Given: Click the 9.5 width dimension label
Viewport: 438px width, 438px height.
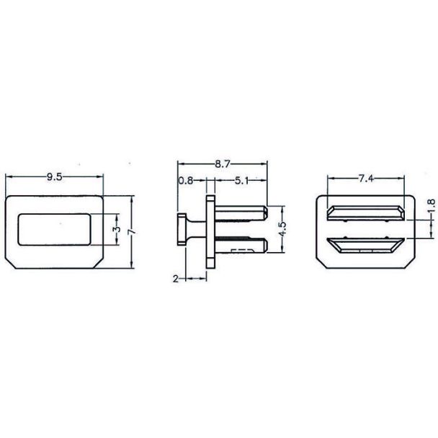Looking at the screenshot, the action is click(x=54, y=176).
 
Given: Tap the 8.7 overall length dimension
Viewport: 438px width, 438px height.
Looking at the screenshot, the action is click(x=223, y=164).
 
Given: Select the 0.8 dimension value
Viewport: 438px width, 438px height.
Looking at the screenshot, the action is click(x=186, y=181).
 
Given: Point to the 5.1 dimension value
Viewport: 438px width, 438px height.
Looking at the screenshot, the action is click(x=241, y=181).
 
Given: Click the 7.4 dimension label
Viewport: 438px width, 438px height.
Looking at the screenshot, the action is click(x=366, y=178).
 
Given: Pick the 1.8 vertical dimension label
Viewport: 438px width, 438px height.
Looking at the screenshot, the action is click(x=432, y=205).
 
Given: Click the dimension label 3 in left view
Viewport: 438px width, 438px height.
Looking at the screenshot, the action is click(x=117, y=229).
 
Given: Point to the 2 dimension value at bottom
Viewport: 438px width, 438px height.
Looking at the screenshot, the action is click(x=176, y=279).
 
